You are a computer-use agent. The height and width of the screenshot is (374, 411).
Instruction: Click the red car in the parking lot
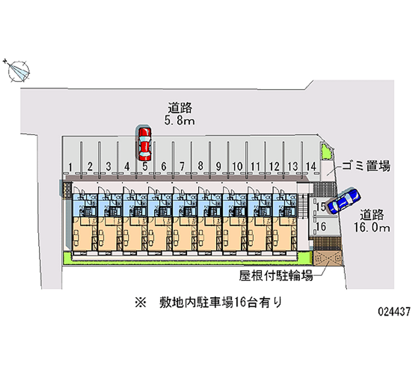point(144,143)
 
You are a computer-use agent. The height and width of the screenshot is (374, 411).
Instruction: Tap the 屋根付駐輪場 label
point(276,276)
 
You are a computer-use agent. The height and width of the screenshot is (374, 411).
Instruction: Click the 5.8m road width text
point(179,122)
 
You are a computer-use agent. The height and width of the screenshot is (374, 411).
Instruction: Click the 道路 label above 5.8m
point(179,108)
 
